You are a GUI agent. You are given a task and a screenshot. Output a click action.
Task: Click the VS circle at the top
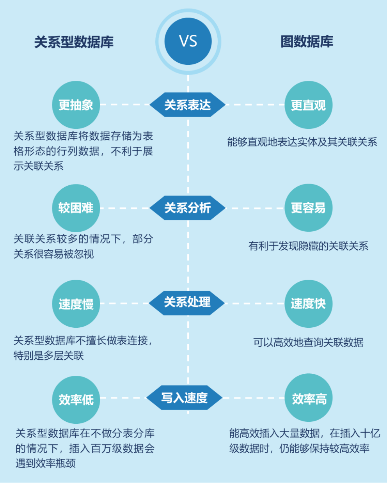point(188,41)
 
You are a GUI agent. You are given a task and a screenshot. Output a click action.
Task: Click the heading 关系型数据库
point(74,42)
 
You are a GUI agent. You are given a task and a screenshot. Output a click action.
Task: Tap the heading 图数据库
point(307,41)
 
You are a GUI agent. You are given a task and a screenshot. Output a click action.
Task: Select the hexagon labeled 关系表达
point(187,105)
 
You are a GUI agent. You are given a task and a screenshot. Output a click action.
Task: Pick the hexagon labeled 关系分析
point(187,208)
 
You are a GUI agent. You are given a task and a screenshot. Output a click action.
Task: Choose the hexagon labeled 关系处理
point(187,303)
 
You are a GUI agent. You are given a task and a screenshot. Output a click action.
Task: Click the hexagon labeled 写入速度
point(184,398)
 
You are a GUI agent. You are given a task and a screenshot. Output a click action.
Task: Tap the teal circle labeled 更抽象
point(76,105)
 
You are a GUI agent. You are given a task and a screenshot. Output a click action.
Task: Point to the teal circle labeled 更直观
point(309,105)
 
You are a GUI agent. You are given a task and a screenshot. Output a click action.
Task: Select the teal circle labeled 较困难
point(76,208)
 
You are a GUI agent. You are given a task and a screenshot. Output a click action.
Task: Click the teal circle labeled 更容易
point(309,208)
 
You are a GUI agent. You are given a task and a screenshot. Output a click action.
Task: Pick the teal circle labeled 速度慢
point(76,304)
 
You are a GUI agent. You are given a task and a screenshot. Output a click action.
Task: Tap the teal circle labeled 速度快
point(309,304)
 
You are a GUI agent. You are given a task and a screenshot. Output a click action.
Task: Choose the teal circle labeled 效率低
point(76,400)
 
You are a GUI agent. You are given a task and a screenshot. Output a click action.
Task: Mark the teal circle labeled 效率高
point(309,398)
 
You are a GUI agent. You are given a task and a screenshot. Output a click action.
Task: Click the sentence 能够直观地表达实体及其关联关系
point(302,142)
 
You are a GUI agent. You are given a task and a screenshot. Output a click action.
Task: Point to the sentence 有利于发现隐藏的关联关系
point(309,246)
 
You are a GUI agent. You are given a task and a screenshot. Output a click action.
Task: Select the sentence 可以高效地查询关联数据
point(309,343)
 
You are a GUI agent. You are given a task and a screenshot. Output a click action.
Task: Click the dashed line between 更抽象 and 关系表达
point(125,105)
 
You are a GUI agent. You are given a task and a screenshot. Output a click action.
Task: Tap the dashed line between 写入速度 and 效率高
point(254,398)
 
